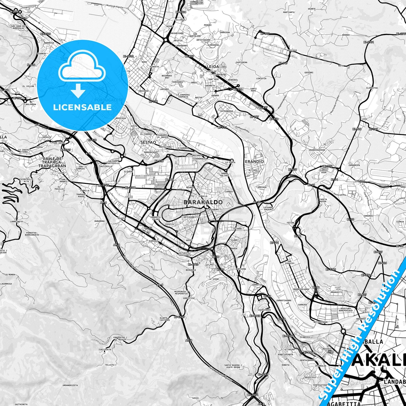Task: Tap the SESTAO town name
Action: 148,142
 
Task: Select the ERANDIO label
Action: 254,162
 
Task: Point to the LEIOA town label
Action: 213,67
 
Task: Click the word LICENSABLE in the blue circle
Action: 82,107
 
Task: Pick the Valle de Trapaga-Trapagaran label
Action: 52,162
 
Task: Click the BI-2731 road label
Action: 368,42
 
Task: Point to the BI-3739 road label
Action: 46,34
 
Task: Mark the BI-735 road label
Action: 328,166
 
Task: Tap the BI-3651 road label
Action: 253,395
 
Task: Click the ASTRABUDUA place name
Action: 226,111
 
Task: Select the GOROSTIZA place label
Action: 189,298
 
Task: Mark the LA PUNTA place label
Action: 230,162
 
